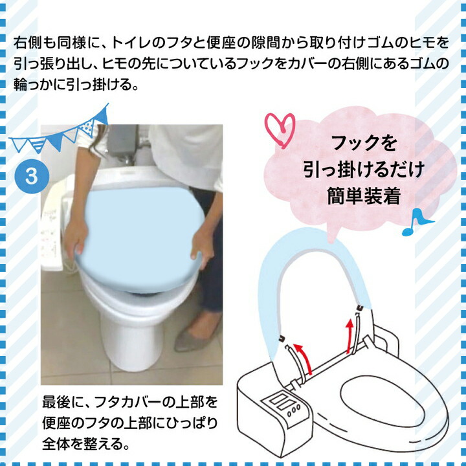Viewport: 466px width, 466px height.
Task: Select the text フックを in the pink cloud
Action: [363, 142]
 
